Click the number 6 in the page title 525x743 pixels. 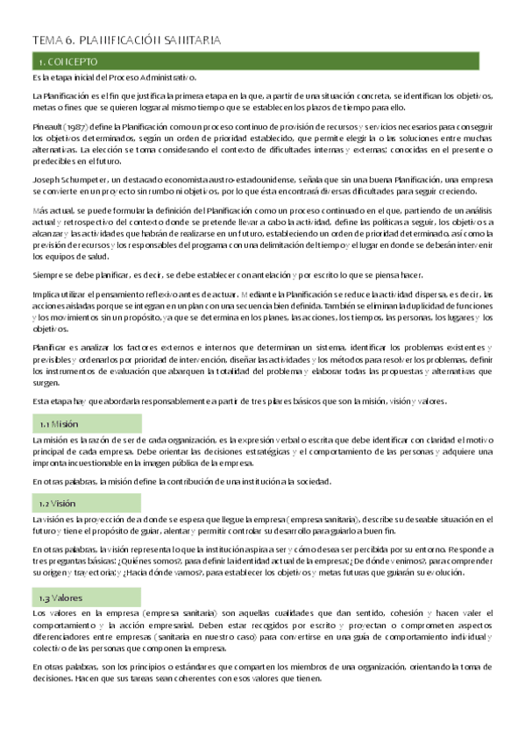click(x=68, y=40)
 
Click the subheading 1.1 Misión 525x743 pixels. click(x=59, y=423)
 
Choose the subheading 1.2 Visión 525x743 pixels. click(x=58, y=504)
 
